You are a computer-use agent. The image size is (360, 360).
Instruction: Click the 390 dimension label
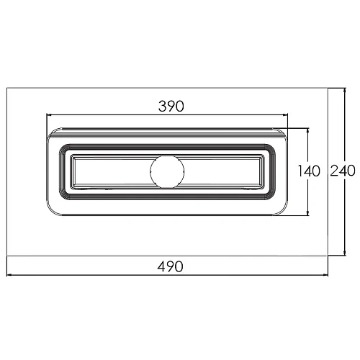(171, 107)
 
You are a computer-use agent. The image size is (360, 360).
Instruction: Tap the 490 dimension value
(170, 266)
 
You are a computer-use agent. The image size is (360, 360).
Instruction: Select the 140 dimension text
(309, 171)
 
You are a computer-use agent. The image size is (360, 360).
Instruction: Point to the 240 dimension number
(343, 171)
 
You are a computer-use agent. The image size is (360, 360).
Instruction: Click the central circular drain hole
(167, 172)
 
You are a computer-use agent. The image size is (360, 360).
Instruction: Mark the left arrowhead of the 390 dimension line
(49, 115)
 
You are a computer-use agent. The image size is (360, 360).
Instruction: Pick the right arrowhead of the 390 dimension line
(285, 115)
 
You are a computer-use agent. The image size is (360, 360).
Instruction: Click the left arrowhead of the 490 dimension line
(9, 275)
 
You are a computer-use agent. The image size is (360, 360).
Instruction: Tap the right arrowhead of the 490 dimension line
(325, 275)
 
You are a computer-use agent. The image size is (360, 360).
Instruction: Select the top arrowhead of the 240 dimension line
(345, 91)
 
